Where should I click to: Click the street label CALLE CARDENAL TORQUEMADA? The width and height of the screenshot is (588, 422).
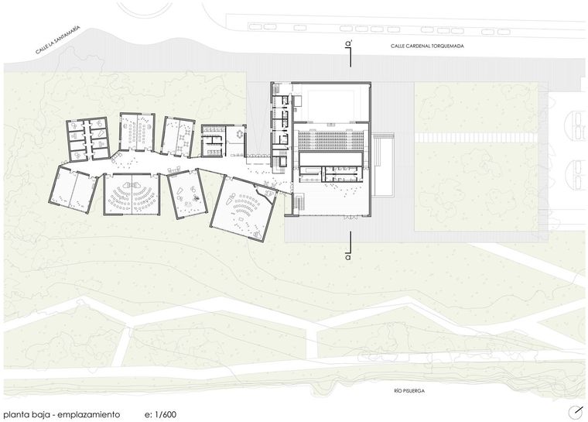(427, 46)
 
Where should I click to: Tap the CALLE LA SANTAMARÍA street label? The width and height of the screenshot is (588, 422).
(58, 40)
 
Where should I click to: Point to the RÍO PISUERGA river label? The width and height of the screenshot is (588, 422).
(409, 391)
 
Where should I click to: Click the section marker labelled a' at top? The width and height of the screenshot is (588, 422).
(349, 53)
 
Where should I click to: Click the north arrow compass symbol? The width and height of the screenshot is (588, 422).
(575, 412)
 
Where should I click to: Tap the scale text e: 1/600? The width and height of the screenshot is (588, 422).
(160, 414)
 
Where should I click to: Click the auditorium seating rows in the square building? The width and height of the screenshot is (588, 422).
(330, 140)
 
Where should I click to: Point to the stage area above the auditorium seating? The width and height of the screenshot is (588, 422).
(330, 102)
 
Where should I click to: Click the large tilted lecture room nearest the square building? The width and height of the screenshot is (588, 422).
(244, 208)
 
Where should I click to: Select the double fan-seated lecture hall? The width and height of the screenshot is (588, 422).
(132, 194)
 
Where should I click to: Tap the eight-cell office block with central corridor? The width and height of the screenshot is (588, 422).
(87, 139)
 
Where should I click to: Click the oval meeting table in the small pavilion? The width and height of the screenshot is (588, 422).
(239, 133)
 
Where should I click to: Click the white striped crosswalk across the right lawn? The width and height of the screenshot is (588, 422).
(476, 136)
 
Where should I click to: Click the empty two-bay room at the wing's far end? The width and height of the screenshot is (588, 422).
(73, 190)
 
